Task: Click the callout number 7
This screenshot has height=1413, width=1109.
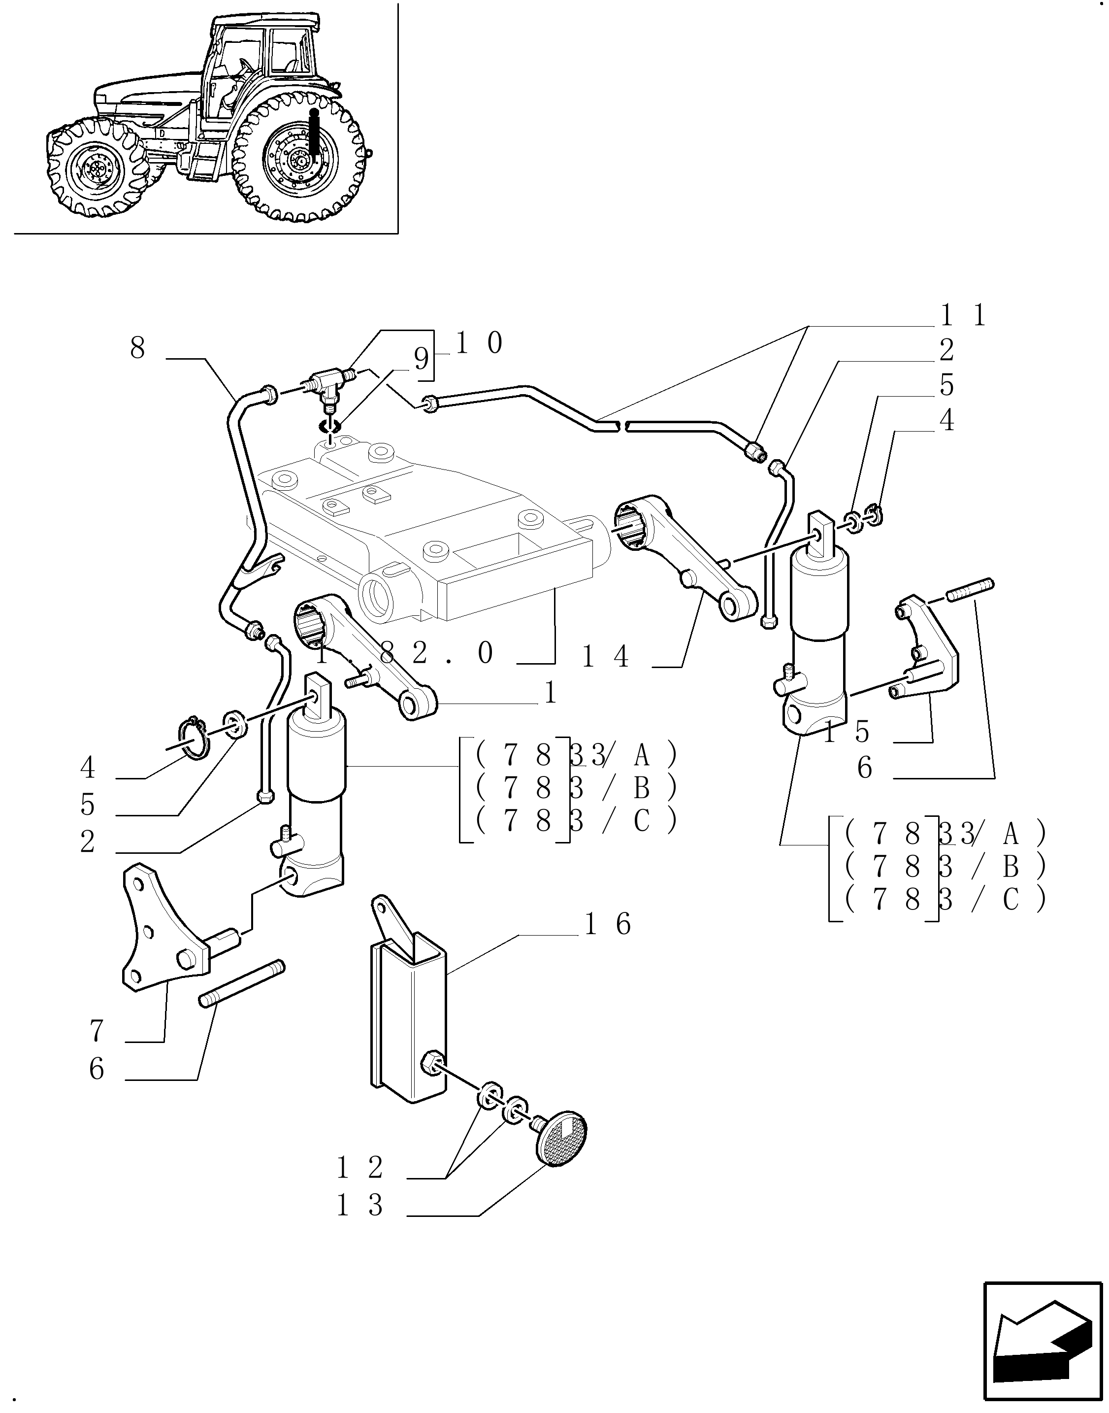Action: pos(96,1031)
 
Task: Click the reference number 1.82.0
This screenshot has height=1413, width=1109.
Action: pos(406,653)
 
